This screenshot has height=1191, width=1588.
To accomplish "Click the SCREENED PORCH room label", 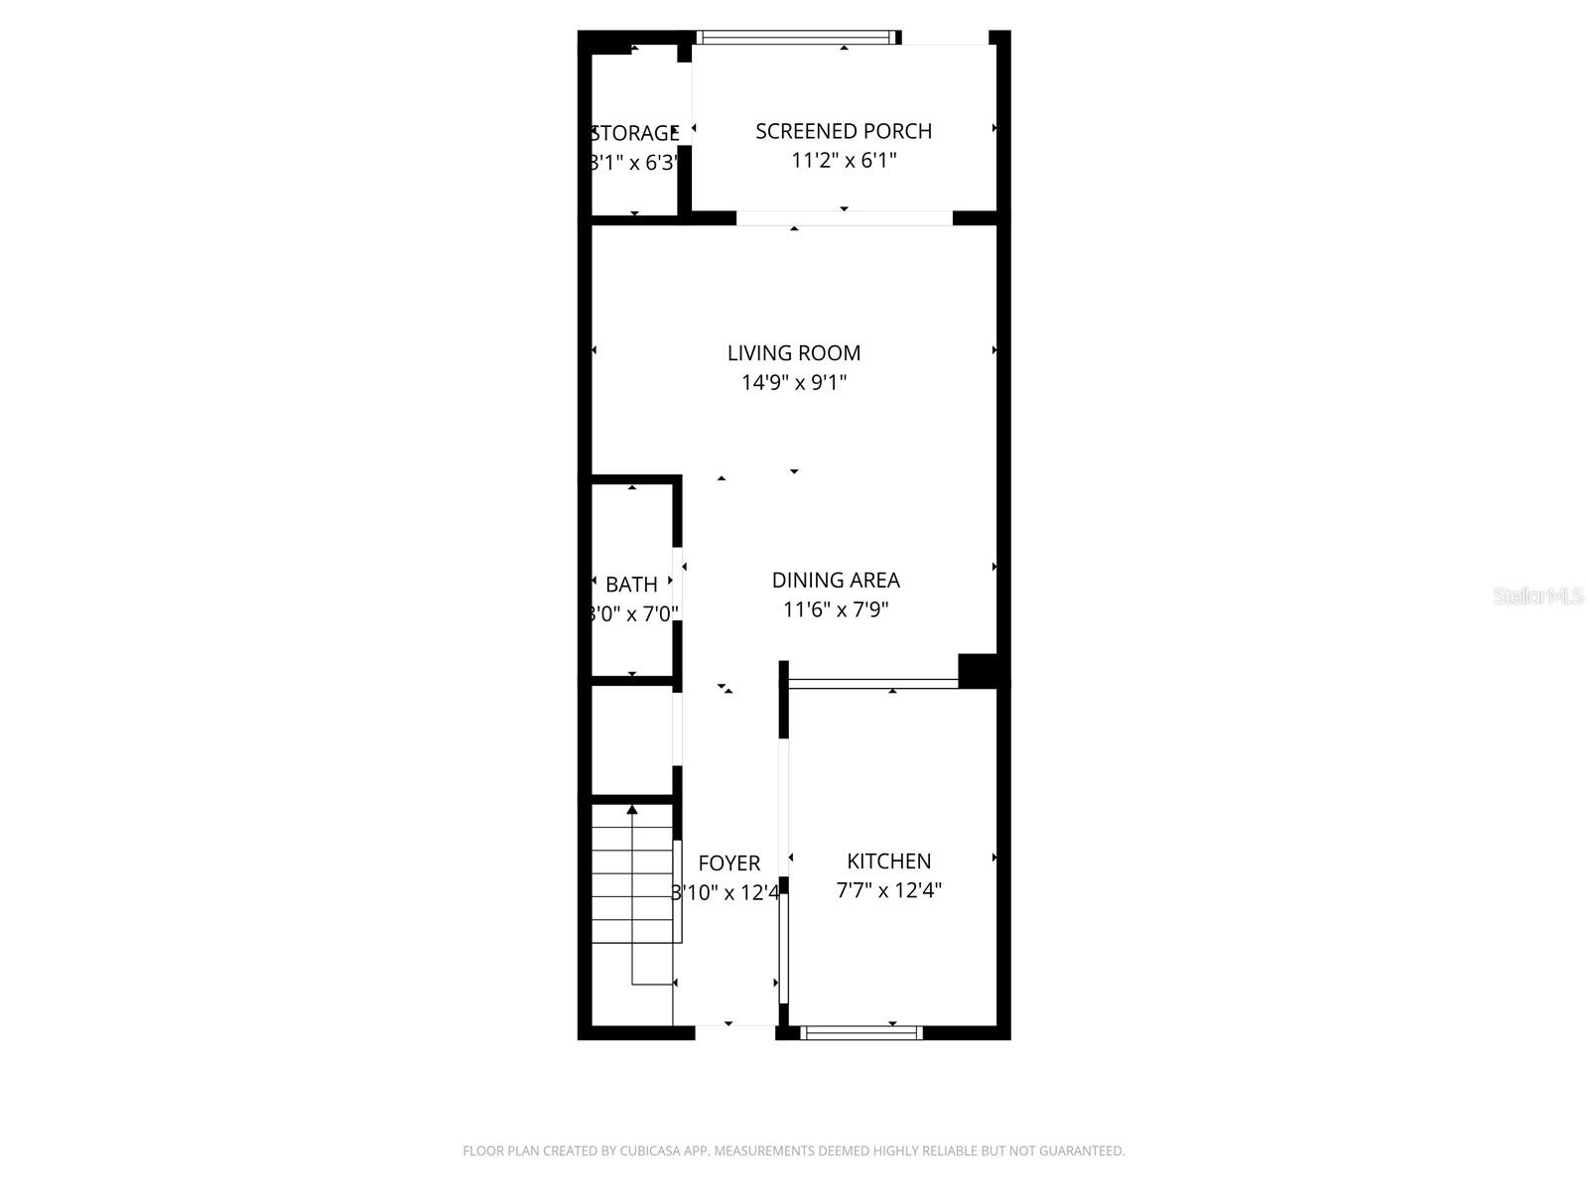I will (x=844, y=131).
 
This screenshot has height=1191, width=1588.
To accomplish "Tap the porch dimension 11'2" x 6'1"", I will (x=844, y=160).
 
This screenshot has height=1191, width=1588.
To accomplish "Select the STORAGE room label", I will (x=635, y=133).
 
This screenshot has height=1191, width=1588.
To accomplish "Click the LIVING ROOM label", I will (x=794, y=352).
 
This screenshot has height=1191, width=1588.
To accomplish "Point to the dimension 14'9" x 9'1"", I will (x=794, y=382).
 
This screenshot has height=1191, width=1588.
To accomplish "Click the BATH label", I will (x=631, y=585).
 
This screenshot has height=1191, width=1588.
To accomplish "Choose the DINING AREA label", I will (x=836, y=580).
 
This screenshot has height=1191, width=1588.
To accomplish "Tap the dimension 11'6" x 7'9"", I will (x=836, y=609).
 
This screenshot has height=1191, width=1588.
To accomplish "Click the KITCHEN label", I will (x=889, y=860).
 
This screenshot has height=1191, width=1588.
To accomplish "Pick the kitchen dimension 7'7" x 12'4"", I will (x=889, y=890).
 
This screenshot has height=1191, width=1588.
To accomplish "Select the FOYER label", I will (x=729, y=863).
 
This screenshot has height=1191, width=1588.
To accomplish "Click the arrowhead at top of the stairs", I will (x=632, y=810).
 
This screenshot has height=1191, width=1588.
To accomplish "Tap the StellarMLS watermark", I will (x=1538, y=595).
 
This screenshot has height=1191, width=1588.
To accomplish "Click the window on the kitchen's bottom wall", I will (x=861, y=1033).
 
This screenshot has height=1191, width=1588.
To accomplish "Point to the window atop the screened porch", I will (x=794, y=38).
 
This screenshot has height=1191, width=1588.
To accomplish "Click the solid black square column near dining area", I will (x=978, y=670).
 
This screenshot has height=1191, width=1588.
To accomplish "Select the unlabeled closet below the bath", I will (x=631, y=739).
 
